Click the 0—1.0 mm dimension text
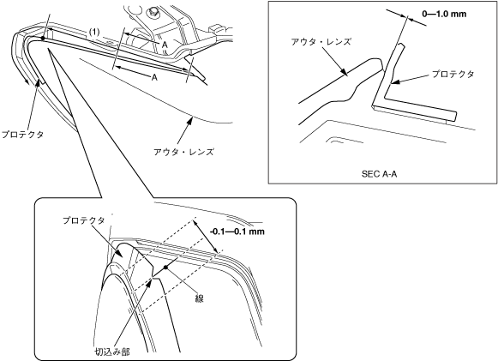click(444, 14)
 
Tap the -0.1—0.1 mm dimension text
click(237, 232)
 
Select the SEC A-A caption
click(379, 174)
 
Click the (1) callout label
click(94, 32)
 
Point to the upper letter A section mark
click(165, 45)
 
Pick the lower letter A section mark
click(154, 77)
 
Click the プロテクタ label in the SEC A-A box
click(453, 74)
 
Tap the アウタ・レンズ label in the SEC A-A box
click(321, 42)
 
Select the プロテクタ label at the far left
click(22, 135)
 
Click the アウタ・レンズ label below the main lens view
click(183, 152)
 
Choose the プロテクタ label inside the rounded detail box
click(83, 220)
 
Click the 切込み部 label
click(112, 352)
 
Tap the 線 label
click(199, 298)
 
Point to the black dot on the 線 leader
click(165, 268)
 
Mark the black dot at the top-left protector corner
click(43, 38)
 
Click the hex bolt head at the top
click(153, 12)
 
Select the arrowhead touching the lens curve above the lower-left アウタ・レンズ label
click(190, 120)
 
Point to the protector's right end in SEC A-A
click(455, 116)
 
